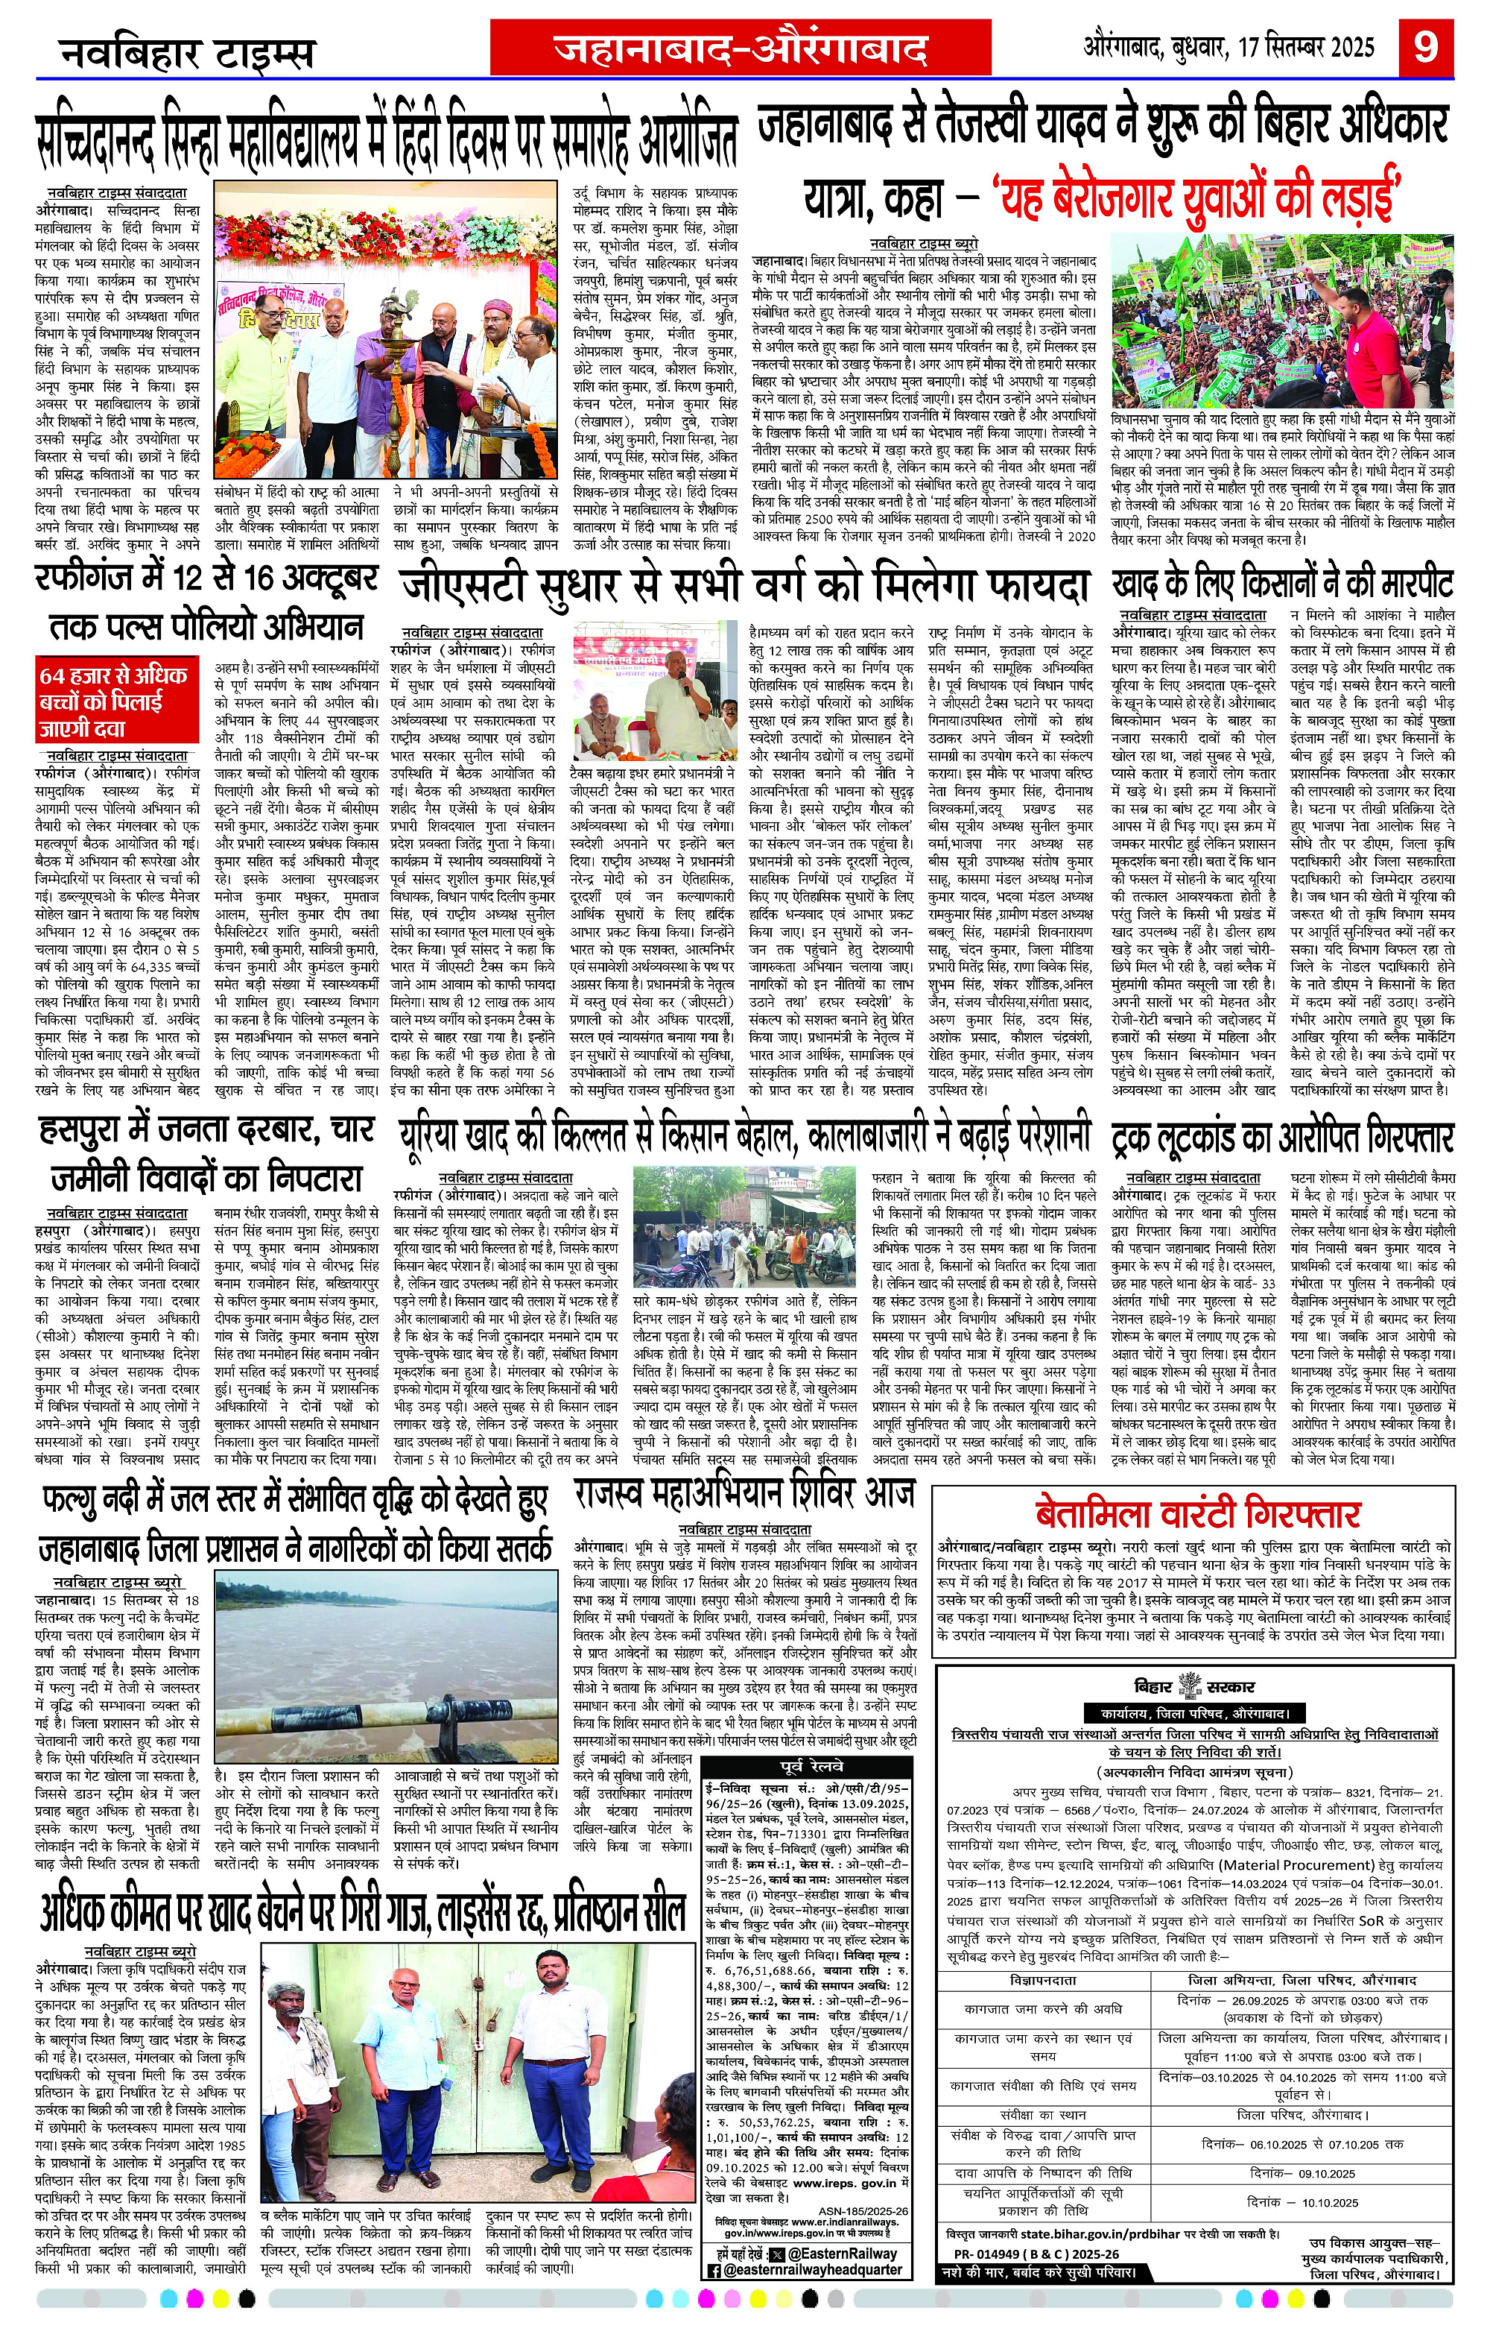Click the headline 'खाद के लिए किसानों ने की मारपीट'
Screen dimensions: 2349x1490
pos(1282,584)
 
